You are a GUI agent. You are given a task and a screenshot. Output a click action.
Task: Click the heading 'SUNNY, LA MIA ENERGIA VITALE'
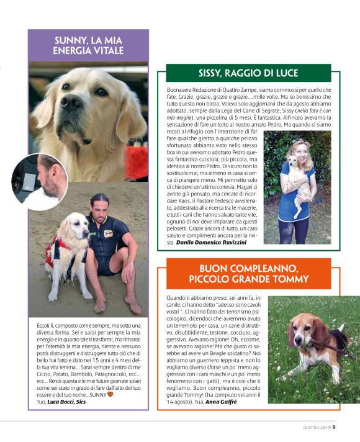coord(89,45)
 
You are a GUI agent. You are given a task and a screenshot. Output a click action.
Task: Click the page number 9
coord(334,426)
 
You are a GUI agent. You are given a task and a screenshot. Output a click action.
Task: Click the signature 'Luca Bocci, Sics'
coord(63,402)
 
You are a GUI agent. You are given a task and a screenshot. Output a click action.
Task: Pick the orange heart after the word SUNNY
coord(111,394)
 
